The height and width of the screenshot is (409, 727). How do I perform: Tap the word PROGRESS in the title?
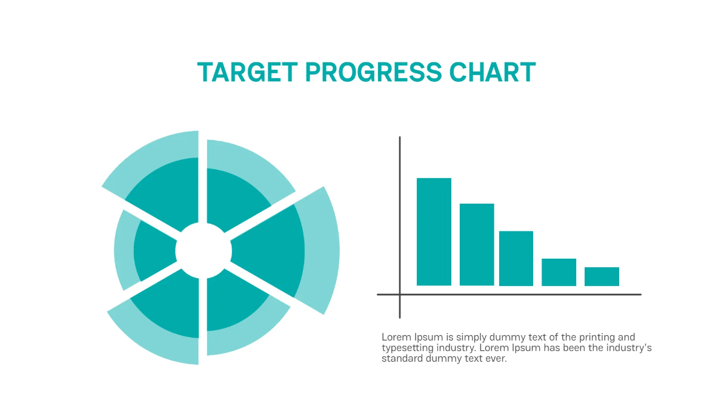[373, 73]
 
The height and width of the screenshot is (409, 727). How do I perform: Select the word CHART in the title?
[493, 73]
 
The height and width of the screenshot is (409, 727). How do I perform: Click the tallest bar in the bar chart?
[434, 231]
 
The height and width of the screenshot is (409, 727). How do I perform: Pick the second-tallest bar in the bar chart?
[477, 244]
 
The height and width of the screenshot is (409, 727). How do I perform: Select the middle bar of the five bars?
[516, 258]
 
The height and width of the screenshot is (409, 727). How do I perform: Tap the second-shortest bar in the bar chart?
[559, 272]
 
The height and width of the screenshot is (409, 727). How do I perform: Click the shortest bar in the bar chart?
[602, 276]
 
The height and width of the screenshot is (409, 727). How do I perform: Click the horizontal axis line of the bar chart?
[515, 294]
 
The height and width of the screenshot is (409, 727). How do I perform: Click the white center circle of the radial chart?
[203, 250]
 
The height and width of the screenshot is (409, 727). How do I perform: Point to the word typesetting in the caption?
[406, 348]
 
